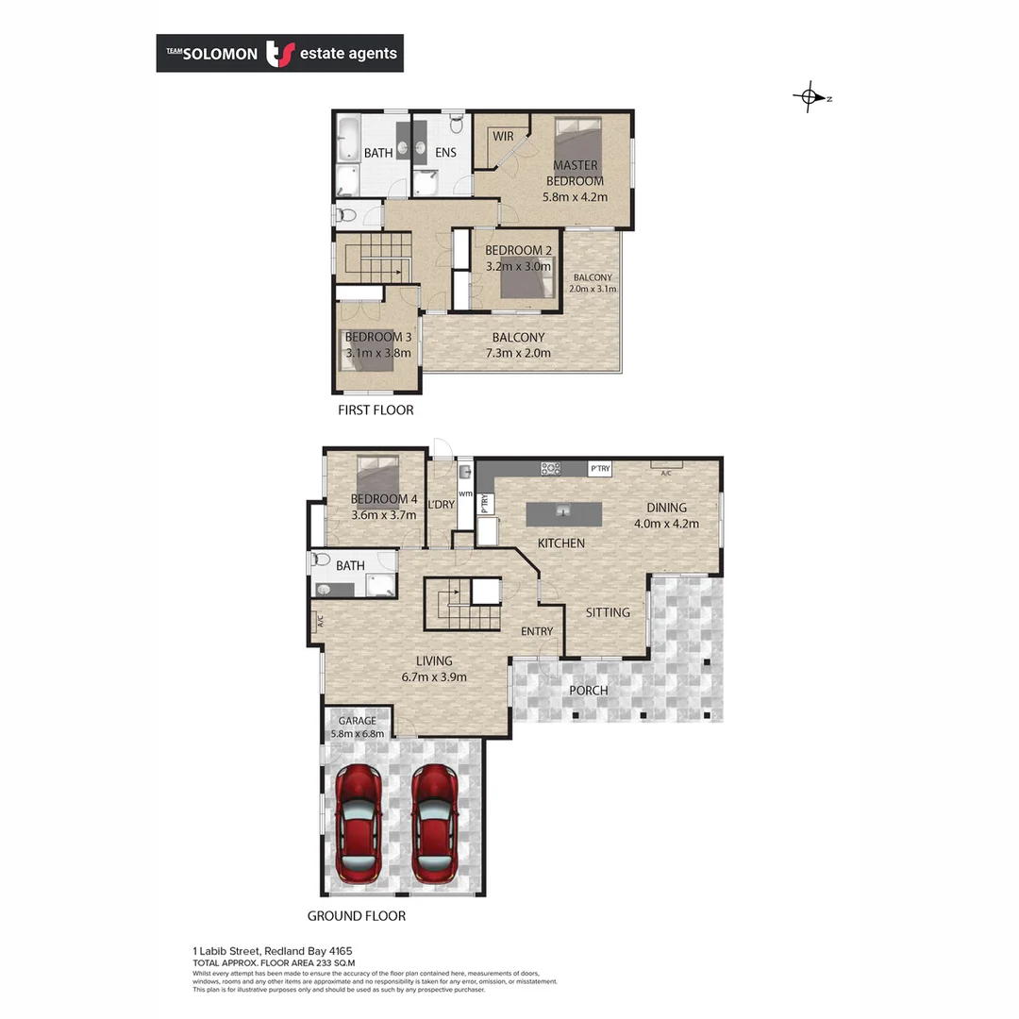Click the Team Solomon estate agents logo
279,54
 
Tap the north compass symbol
810,97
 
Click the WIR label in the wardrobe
503,137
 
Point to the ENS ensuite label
445,153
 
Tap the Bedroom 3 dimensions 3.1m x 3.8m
377,354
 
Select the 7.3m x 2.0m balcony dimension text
518,353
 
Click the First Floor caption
376,410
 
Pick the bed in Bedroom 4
376,471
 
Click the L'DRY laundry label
441,505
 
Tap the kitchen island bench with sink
563,514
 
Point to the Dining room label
666,508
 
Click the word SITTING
608,612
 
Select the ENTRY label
537,631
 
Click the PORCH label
588,691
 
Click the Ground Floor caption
357,916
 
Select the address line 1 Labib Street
273,951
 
